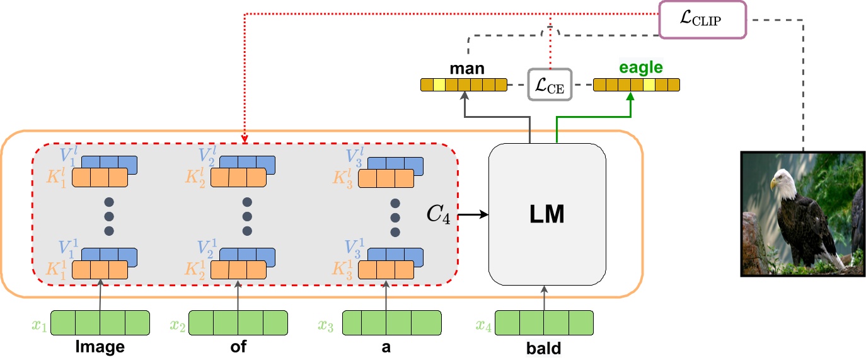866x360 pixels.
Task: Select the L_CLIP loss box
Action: click(x=702, y=20)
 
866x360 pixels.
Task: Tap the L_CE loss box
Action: click(x=549, y=84)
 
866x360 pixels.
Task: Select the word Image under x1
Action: click(x=100, y=348)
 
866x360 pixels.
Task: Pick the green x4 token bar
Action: click(x=545, y=323)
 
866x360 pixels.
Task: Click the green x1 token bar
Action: click(x=100, y=323)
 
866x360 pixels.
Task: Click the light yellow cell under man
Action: click(x=439, y=84)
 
